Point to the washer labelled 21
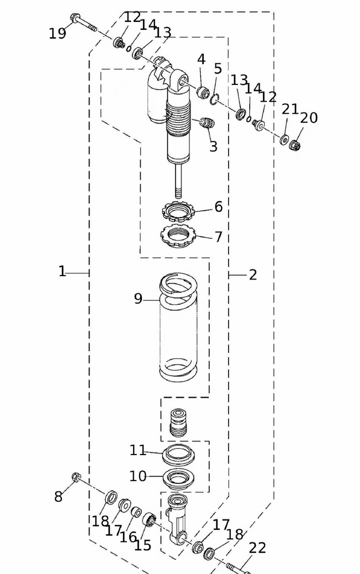284,139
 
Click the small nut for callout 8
76,477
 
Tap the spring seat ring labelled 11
178,455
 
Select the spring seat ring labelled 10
177,477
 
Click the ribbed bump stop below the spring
179,422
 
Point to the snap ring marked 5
213,99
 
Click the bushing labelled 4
202,91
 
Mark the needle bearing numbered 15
150,520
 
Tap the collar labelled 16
137,512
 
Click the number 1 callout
62,272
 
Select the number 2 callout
253,275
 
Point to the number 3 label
213,146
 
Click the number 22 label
257,548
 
